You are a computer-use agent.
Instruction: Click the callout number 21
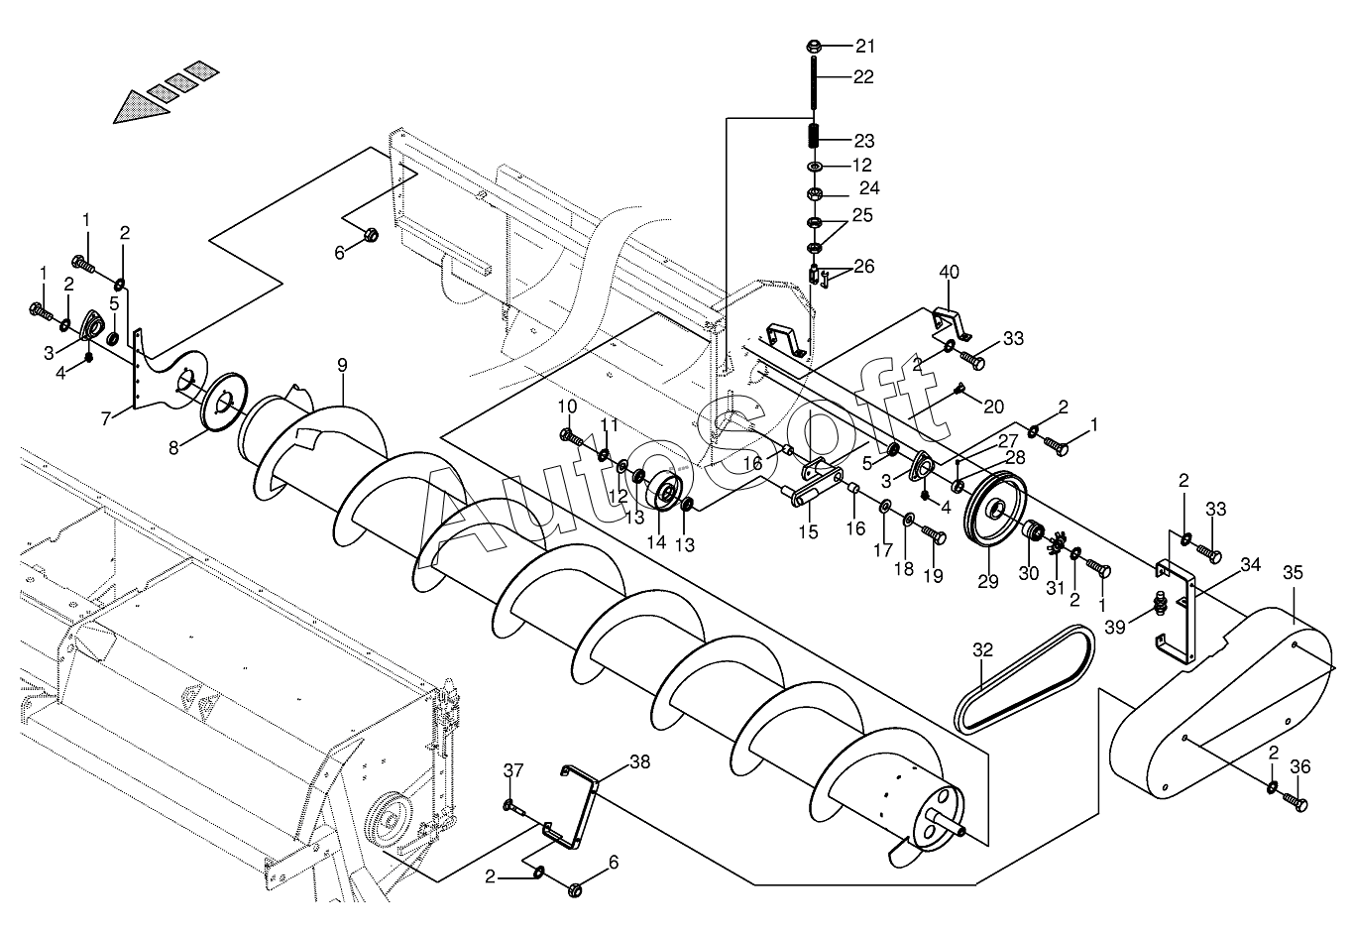click(865, 46)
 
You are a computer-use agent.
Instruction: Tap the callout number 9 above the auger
click(343, 366)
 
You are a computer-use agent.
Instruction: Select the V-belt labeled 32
click(1024, 679)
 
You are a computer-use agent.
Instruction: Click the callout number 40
click(949, 272)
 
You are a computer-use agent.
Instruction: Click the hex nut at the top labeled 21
click(814, 46)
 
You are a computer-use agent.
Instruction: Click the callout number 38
click(639, 762)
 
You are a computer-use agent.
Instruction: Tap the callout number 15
click(808, 531)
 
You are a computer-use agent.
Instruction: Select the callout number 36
click(1300, 766)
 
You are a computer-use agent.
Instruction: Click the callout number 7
click(106, 418)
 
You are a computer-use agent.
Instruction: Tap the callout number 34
click(1250, 565)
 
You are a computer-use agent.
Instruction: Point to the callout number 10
click(567, 407)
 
